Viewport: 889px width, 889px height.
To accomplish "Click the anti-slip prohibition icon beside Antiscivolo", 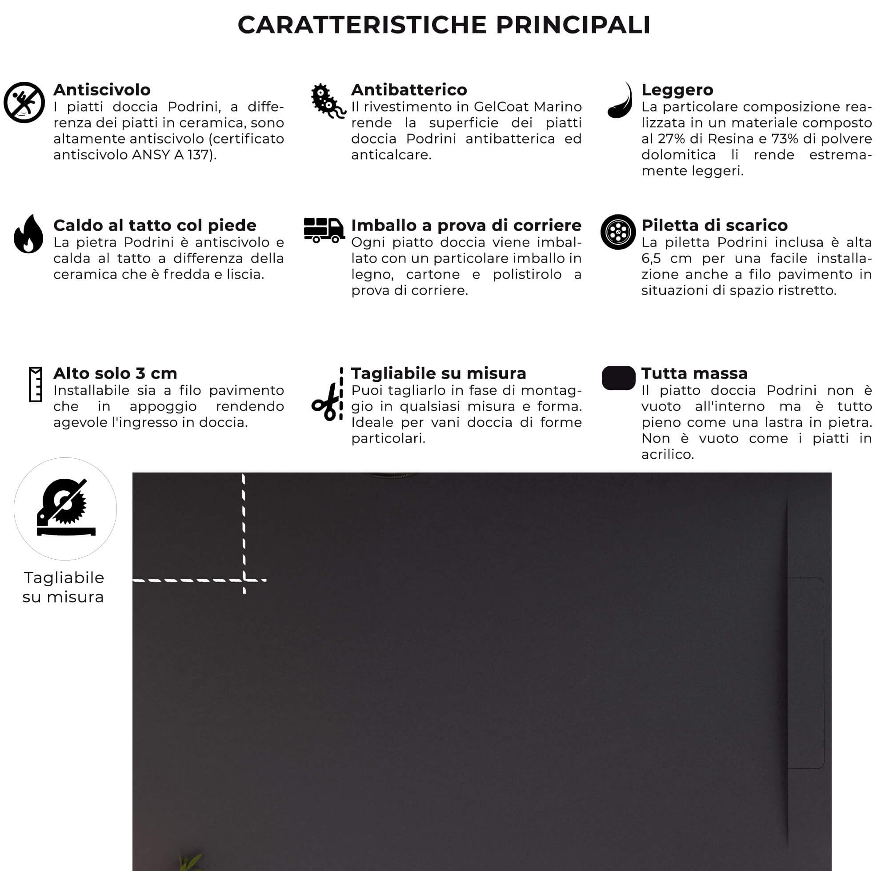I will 24,102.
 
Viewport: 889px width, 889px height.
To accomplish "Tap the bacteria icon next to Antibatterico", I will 327,101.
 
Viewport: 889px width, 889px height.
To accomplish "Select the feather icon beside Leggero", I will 620,101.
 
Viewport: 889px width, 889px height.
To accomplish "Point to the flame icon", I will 28,234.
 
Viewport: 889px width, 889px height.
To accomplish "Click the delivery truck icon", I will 324,230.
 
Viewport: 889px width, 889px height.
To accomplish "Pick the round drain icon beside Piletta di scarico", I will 618,232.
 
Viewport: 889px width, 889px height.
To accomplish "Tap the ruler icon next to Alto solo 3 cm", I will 36,384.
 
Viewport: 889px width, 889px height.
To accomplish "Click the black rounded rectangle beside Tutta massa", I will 618,378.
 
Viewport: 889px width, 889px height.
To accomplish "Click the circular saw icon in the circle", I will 65,509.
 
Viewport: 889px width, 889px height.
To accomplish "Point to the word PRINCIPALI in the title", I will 573,25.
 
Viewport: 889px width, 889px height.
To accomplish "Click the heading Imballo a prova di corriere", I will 466,225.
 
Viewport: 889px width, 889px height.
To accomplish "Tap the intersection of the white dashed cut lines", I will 244,580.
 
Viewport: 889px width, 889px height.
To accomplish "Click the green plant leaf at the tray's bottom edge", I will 190,861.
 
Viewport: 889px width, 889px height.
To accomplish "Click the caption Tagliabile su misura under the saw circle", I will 64,587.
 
